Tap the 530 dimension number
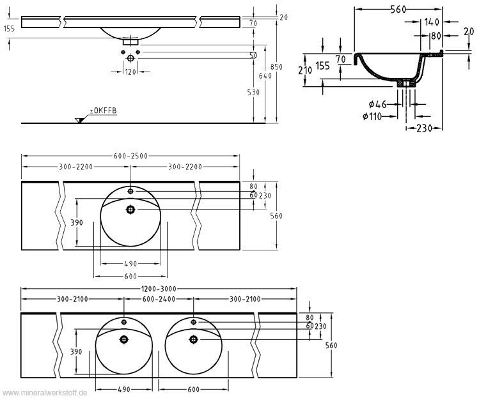click(x=253, y=93)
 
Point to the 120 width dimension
click(x=131, y=72)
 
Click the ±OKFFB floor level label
click(x=103, y=111)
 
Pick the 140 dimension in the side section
click(x=431, y=22)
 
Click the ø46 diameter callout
click(x=377, y=103)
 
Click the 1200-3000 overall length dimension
click(x=159, y=289)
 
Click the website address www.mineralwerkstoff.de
click(x=44, y=392)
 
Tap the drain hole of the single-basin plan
click(x=131, y=208)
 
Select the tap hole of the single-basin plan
click(x=131, y=190)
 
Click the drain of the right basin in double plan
click(x=192, y=339)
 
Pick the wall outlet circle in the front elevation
click(x=131, y=58)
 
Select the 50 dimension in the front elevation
click(x=253, y=56)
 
